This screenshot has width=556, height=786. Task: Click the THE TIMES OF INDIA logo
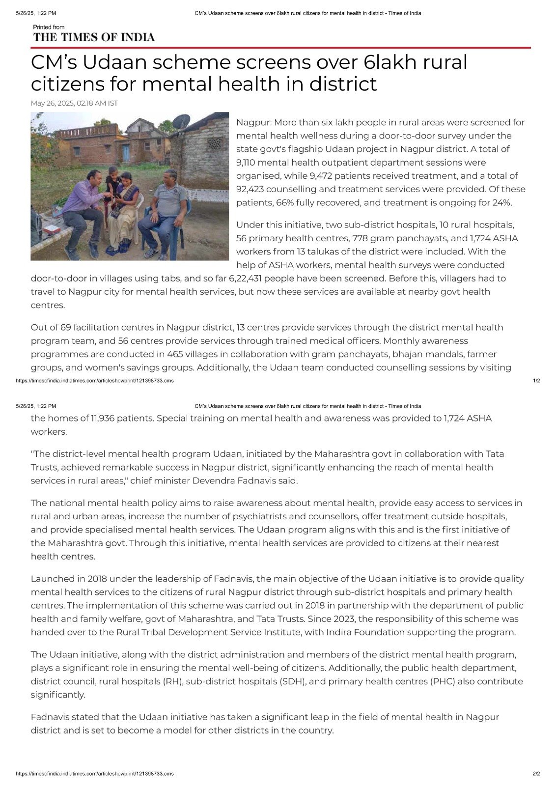(x=93, y=37)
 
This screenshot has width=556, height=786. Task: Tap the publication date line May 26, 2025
(x=74, y=103)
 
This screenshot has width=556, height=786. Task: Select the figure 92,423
(x=252, y=189)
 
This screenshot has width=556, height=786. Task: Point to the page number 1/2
(x=536, y=381)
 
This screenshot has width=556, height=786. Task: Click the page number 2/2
(x=536, y=774)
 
